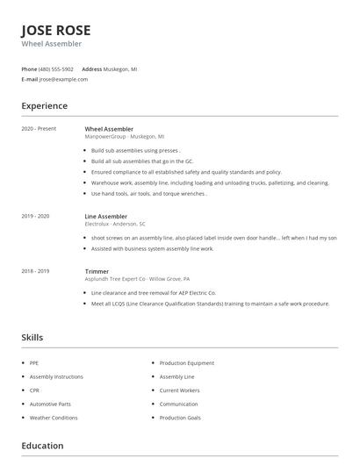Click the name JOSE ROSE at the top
[x=55, y=30]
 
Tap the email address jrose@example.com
[x=63, y=79]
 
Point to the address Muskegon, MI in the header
[x=120, y=68]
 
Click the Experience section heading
[x=44, y=106]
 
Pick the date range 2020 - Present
[x=39, y=129]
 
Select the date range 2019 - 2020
[x=35, y=216]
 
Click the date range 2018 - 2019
[x=35, y=271]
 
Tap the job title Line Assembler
[x=105, y=216]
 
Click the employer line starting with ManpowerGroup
[x=124, y=136]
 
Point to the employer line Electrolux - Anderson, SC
[x=114, y=224]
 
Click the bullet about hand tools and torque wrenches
[x=148, y=194]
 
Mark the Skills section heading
[x=32, y=338]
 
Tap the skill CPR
[x=34, y=390]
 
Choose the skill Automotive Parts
[x=50, y=404]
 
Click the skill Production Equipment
[x=186, y=362]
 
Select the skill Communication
[x=179, y=404]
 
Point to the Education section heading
[x=42, y=446]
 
